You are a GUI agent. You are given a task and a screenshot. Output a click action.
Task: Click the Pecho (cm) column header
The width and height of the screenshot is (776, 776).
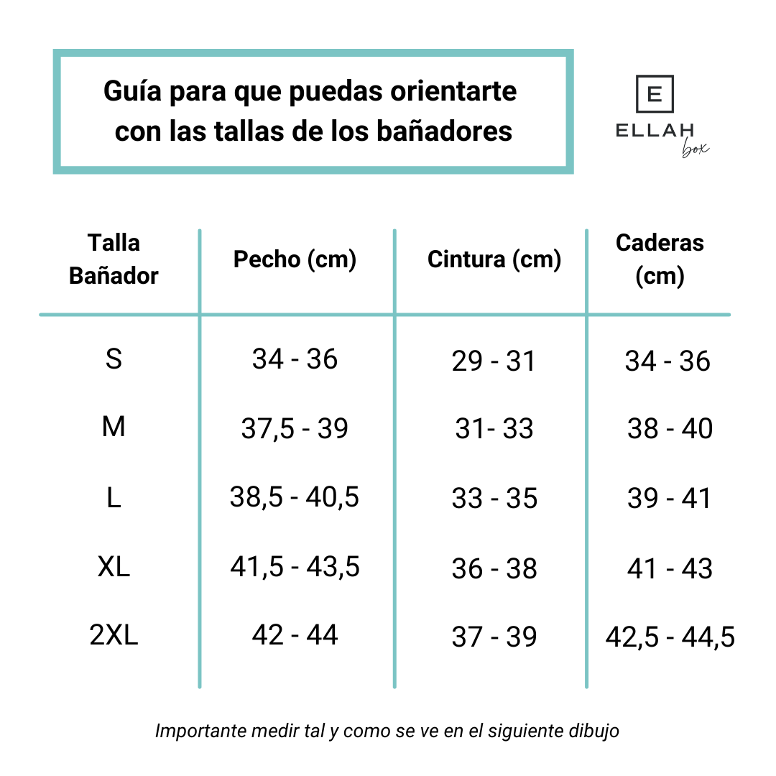(x=295, y=259)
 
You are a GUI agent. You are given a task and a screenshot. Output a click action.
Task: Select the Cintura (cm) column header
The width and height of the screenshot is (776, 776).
(x=494, y=259)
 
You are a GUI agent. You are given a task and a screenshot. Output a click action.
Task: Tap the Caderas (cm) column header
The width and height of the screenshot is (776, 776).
(x=660, y=259)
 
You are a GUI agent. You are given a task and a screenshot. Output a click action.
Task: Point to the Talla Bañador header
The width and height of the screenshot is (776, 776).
(x=114, y=259)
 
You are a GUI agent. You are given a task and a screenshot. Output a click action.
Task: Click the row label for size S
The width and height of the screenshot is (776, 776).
(x=114, y=359)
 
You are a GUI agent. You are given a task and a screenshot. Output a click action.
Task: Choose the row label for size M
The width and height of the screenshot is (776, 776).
(x=114, y=428)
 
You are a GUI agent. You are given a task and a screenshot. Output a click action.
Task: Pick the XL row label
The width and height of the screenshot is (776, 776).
(x=114, y=568)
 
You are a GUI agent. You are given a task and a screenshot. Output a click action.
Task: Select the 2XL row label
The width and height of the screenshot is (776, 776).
(x=114, y=635)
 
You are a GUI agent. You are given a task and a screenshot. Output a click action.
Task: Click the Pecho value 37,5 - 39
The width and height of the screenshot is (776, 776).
(x=295, y=429)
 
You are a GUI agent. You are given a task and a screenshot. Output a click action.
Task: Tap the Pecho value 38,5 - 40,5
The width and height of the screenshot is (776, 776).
(x=295, y=497)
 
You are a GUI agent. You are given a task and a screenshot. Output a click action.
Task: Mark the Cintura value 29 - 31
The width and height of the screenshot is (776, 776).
(x=494, y=361)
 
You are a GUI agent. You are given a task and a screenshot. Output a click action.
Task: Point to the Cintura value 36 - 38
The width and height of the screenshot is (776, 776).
(x=494, y=569)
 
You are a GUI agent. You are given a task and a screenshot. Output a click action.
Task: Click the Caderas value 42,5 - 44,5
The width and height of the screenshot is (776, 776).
(x=670, y=637)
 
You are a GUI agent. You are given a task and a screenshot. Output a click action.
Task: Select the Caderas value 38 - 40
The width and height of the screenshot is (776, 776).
(x=670, y=429)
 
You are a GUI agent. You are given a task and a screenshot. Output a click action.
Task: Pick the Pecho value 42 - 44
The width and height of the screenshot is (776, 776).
(x=295, y=635)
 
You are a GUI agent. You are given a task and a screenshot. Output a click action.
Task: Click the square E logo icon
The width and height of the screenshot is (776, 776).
(x=655, y=94)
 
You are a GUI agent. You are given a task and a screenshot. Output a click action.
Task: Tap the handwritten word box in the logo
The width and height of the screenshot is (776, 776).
(x=694, y=149)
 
